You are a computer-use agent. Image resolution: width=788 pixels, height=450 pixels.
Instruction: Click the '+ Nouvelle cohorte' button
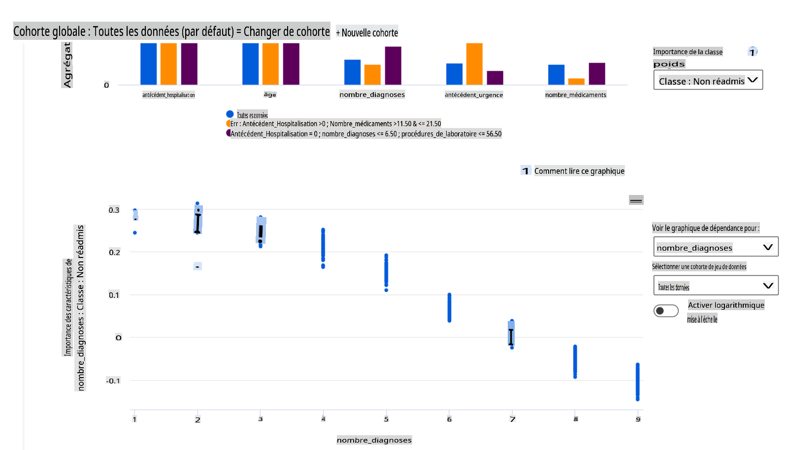click(x=367, y=33)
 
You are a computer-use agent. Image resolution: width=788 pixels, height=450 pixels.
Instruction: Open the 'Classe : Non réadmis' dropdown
click(x=708, y=80)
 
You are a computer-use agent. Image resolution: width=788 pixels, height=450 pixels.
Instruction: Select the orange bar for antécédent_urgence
click(x=474, y=64)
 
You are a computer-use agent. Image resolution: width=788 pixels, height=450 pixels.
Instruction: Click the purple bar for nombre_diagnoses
click(x=393, y=65)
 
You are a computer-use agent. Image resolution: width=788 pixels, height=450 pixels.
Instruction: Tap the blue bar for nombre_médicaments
click(x=556, y=75)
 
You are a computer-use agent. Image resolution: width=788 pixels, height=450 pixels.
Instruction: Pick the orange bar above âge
click(x=270, y=64)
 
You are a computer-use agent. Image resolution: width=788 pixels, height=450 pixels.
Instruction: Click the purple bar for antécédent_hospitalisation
click(x=189, y=64)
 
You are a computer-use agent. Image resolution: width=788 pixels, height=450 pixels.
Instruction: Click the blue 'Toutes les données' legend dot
click(x=230, y=114)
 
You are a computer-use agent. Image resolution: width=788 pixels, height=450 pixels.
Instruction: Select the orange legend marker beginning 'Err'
click(x=229, y=124)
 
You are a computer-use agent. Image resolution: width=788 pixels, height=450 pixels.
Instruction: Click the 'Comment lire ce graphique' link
click(x=579, y=171)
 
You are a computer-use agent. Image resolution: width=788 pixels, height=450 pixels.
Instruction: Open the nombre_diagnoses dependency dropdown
click(x=716, y=247)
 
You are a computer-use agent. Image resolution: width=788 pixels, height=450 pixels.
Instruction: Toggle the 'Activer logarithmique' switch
click(x=666, y=311)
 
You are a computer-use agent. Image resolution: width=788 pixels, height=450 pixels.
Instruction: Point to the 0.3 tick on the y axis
click(x=114, y=210)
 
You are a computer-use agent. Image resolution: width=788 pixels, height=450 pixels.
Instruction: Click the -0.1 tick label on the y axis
click(x=113, y=381)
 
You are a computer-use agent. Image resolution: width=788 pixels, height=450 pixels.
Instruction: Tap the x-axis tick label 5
click(x=386, y=419)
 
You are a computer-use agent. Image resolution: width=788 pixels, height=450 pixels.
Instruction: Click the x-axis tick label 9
click(x=638, y=419)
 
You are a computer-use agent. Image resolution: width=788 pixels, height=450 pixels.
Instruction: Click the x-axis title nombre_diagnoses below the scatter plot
click(x=374, y=440)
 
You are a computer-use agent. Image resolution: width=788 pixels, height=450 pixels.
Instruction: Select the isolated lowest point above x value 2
click(x=197, y=267)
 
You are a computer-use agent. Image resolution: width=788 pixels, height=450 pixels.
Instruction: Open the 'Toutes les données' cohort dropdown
click(x=716, y=286)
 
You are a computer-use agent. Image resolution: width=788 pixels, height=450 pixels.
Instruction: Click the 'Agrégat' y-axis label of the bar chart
click(x=67, y=65)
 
